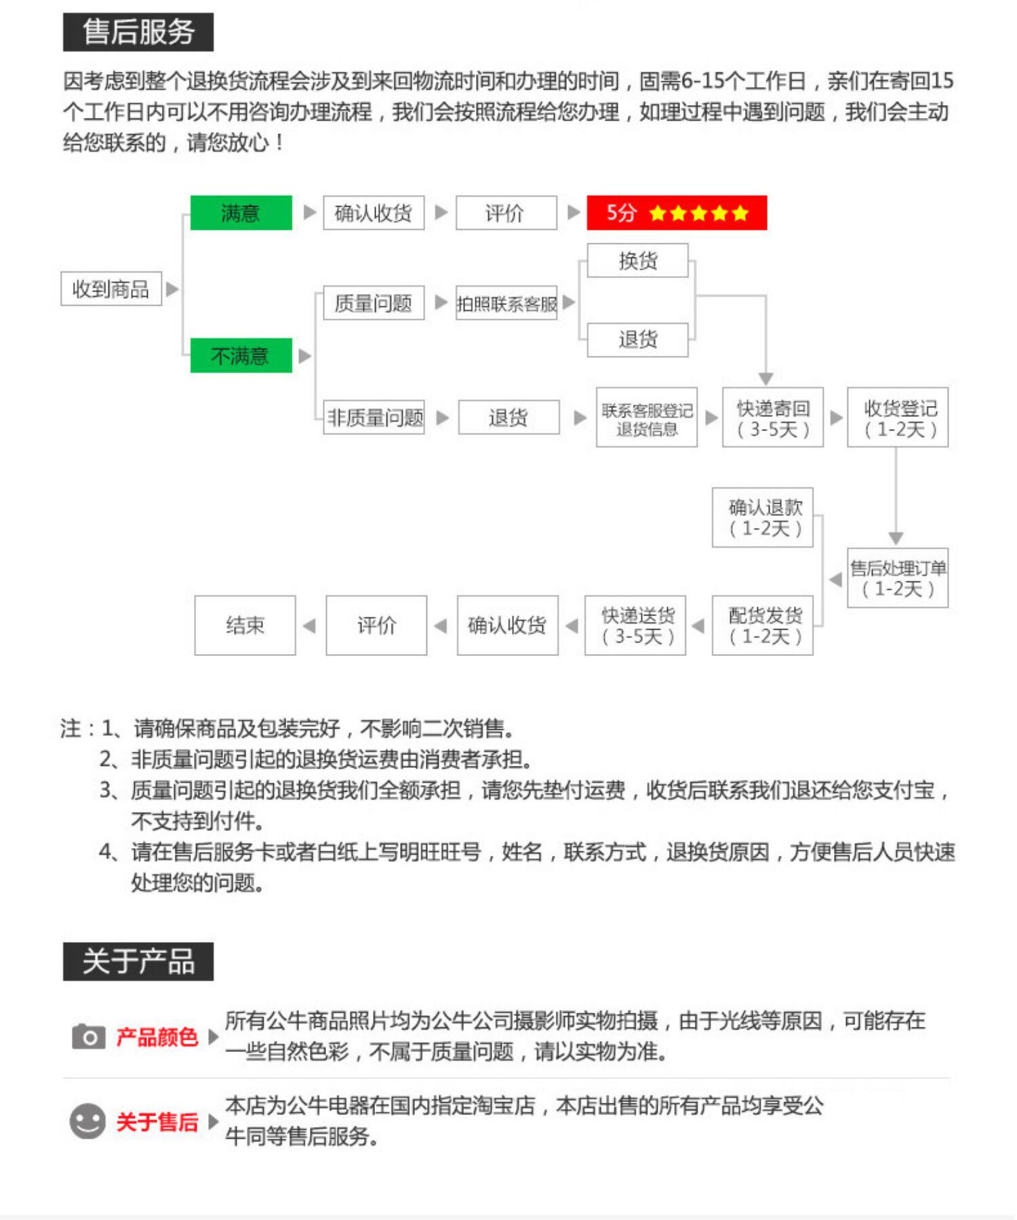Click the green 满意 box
241,213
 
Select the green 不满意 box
241,355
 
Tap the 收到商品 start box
111,289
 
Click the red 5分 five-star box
677,213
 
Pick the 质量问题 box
374,302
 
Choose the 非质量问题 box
374,417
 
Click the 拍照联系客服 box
506,303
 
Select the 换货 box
637,260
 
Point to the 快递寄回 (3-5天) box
773,418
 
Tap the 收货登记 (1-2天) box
898,418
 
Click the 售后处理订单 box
898,577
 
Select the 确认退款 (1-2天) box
763,517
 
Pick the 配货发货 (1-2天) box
763,625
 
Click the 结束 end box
245,625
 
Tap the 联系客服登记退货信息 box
647,418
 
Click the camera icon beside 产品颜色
88,1036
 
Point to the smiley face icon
87,1121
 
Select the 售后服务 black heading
138,32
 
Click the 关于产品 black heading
138,961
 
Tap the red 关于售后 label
157,1122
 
